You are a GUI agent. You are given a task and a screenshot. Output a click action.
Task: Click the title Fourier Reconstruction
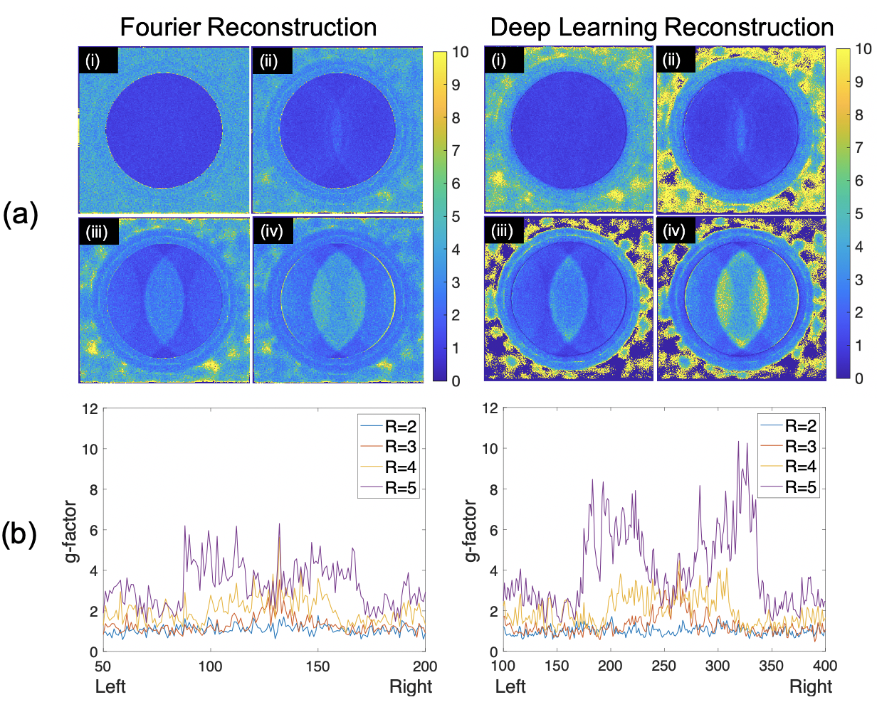248,27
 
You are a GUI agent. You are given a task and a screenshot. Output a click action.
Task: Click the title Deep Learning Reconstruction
662,27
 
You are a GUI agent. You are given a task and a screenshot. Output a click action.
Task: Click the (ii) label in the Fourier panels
271,60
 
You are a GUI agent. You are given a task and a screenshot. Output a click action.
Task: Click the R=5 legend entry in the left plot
401,488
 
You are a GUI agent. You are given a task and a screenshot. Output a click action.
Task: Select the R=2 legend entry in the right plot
799,426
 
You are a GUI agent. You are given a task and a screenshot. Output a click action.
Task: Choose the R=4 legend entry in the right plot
799,467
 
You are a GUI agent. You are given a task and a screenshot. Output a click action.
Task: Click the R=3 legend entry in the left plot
401,447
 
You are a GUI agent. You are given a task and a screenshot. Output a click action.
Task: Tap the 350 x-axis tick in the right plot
772,666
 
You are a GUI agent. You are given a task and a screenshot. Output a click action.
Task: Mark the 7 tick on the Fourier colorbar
456,151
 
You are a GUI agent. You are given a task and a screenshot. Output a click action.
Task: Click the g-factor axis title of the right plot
471,530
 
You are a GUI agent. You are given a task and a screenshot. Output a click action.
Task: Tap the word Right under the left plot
411,686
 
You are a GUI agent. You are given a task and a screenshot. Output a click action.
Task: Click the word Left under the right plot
510,686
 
